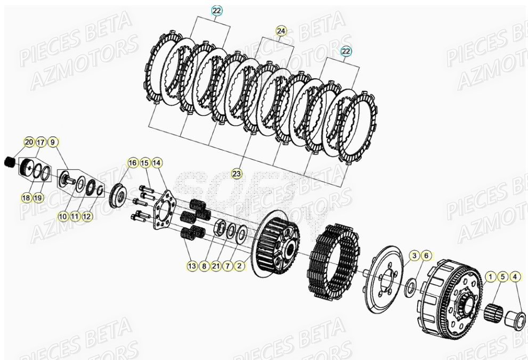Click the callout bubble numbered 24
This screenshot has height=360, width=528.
pyautogui.click(x=281, y=31)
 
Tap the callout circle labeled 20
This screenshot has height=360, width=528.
pyautogui.click(x=29, y=142)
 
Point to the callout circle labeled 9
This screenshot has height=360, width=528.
pyautogui.click(x=52, y=142)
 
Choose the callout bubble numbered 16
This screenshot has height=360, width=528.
pyautogui.click(x=133, y=162)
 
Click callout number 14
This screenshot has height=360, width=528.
pyautogui.click(x=157, y=162)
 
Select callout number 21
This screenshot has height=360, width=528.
pyautogui.click(x=216, y=265)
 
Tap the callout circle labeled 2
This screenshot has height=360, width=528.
pyautogui.click(x=240, y=265)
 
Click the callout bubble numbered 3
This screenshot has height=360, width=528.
pyautogui.click(x=413, y=256)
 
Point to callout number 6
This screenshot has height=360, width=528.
pyautogui.click(x=425, y=256)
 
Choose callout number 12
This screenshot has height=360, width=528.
pyautogui.click(x=87, y=217)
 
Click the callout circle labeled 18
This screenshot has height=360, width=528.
pyautogui.click(x=26, y=198)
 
